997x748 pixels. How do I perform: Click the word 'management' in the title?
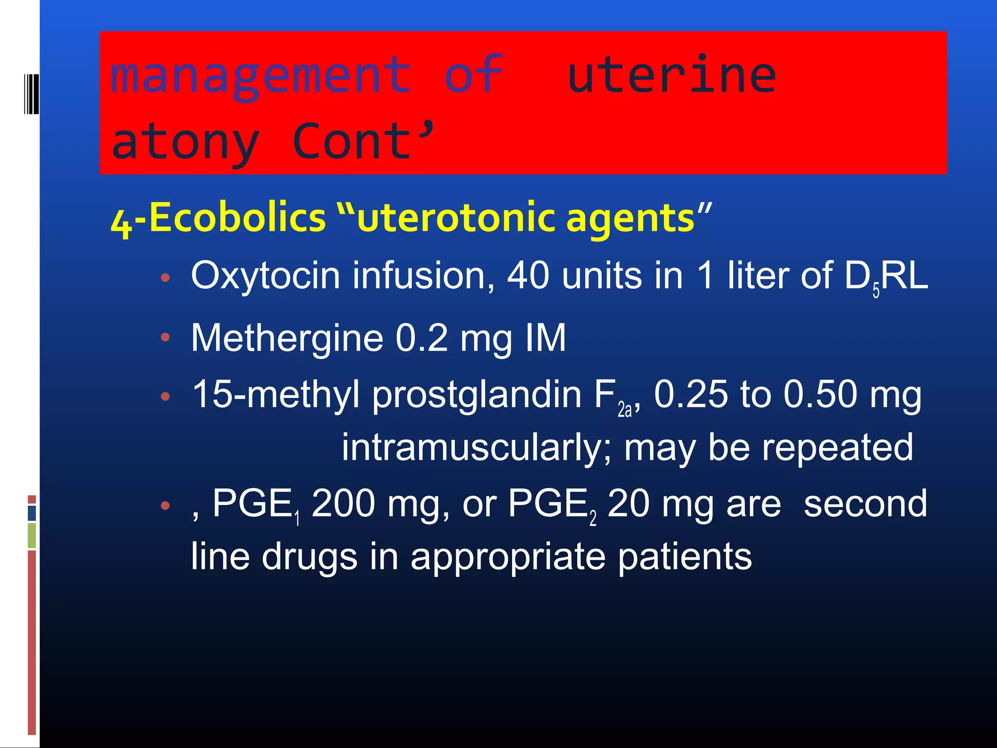coord(260,75)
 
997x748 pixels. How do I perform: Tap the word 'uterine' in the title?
coord(672,75)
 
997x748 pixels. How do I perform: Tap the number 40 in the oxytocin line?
coord(528,276)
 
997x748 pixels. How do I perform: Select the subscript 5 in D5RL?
coord(876,291)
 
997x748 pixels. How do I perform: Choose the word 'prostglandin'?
coord(477,394)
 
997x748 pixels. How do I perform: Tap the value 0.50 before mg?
coord(820,394)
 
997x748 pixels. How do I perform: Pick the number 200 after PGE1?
coord(343,504)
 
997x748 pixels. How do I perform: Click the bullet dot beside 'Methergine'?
coord(166,337)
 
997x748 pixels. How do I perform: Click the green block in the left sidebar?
coord(32,535)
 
